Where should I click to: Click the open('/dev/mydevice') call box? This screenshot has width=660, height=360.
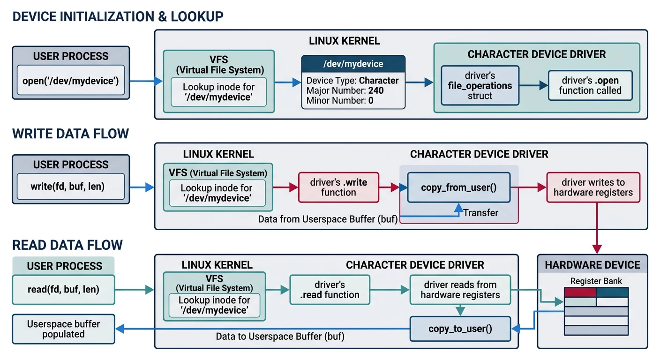pyautogui.click(x=71, y=81)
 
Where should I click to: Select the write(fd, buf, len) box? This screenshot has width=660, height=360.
pyautogui.click(x=71, y=187)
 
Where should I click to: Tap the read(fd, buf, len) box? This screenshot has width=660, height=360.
pyautogui.click(x=64, y=289)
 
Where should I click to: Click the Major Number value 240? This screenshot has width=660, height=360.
pyautogui.click(x=376, y=90)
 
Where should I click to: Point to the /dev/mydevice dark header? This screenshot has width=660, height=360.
pyautogui.click(x=353, y=64)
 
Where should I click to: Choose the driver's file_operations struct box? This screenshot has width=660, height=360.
pyautogui.click(x=480, y=85)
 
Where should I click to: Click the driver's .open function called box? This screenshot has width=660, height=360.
pyautogui.click(x=590, y=85)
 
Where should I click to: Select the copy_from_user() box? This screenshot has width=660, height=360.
pyautogui.click(x=458, y=187)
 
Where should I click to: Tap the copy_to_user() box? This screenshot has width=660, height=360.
pyautogui.click(x=460, y=329)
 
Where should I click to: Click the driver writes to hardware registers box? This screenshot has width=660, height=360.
pyautogui.click(x=593, y=187)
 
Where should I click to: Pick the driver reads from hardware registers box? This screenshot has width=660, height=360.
pyautogui.click(x=460, y=290)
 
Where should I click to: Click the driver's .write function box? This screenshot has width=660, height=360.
pyautogui.click(x=338, y=187)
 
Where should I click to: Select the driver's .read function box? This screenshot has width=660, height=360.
pyautogui.click(x=330, y=290)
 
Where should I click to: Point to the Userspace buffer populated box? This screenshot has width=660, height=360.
pyautogui.click(x=63, y=329)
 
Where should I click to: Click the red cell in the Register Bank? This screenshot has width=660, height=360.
pyautogui.click(x=580, y=292)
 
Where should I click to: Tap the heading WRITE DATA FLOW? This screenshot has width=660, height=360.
pyautogui.click(x=70, y=134)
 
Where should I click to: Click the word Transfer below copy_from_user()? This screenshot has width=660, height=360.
pyautogui.click(x=480, y=213)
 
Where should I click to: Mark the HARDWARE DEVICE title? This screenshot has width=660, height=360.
pyautogui.click(x=592, y=265)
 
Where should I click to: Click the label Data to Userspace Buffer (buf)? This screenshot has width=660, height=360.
pyautogui.click(x=280, y=336)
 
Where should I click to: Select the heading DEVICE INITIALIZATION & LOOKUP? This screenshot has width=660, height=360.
pyautogui.click(x=118, y=17)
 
